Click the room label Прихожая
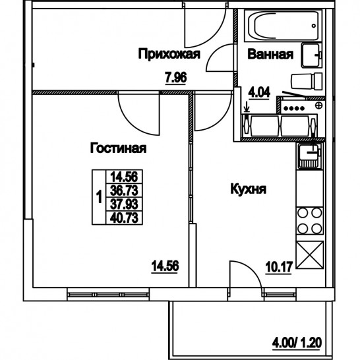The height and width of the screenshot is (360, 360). point(169,54)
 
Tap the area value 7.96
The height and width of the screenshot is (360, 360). point(175,78)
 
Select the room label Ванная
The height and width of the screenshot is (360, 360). point(270,55)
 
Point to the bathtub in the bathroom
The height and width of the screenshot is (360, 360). point(283,26)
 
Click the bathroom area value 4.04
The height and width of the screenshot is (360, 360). point(259,92)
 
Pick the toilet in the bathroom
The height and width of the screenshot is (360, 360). point(307,81)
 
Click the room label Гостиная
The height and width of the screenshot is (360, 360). point(118,148)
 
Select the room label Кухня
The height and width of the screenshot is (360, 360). point(248,189)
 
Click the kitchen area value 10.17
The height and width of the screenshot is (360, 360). point(279,267)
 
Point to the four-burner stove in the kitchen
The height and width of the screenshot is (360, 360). point(310,220)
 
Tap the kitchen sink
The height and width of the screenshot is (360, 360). point(309,156)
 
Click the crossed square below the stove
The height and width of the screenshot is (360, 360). point(310,255)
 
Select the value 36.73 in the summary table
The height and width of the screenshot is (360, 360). point(124,191)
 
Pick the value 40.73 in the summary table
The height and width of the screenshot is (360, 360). point(124,218)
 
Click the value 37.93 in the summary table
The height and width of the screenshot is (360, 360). point(124,204)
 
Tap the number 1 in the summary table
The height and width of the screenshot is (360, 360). point(99,197)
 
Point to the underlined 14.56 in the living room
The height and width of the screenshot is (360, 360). point(165,266)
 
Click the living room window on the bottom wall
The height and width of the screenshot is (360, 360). point(108,295)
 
